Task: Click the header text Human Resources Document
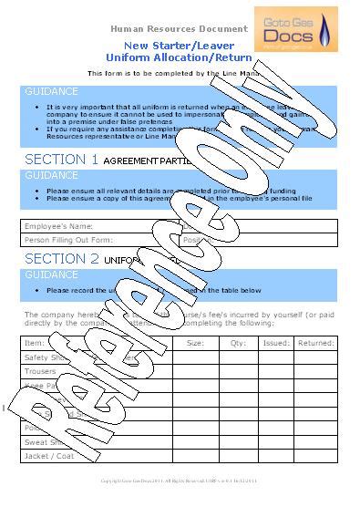coord(179,28)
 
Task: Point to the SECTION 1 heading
coord(61,159)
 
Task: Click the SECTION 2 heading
coord(61,259)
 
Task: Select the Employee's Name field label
coord(58,225)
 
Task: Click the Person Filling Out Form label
coord(68,240)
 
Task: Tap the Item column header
coord(35,343)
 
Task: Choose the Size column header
coord(195,343)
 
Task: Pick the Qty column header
coord(239,343)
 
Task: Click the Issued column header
coord(276,343)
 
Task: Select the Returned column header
coord(316,343)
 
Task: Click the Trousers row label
coord(41,371)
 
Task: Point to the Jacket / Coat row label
coord(51,456)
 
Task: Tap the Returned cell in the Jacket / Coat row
coord(316,456)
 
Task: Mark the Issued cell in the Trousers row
coord(276,371)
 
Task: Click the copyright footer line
coord(179,480)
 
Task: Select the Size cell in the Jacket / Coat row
coord(195,456)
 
